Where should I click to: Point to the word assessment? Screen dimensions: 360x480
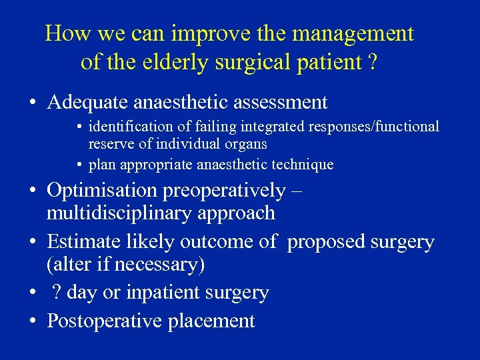[279, 102]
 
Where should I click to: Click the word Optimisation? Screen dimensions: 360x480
[101, 191]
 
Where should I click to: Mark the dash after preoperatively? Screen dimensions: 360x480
[297, 191]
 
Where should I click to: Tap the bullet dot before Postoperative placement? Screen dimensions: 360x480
[32, 321]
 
